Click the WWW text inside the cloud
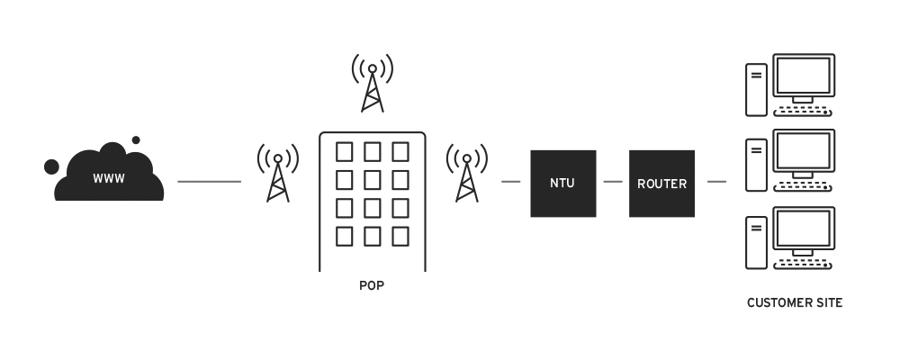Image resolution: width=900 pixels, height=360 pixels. tap(109, 178)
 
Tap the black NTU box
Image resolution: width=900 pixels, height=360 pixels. tap(562, 184)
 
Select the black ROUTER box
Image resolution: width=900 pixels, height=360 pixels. tap(661, 184)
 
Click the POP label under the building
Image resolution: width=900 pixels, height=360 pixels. tap(372, 286)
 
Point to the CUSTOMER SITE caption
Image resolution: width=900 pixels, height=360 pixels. tap(795, 303)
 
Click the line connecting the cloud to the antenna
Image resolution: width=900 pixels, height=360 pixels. tap(209, 182)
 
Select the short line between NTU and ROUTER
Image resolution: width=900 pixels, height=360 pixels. tap(613, 182)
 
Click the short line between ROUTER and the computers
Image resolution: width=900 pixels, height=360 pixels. tap(716, 182)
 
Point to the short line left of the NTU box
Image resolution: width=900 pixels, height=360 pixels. tap(511, 182)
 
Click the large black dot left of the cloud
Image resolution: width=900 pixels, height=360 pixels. tap(51, 166)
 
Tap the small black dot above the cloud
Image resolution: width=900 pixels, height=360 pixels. tap(136, 140)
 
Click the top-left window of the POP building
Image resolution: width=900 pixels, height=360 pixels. tap(345, 150)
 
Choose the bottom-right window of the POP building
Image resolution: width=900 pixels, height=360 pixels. tap(400, 236)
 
